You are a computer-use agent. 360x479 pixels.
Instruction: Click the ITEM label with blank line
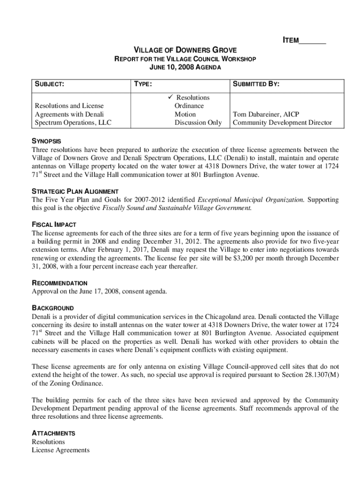tap(304, 41)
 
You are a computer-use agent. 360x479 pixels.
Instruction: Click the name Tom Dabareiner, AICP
tap(266, 114)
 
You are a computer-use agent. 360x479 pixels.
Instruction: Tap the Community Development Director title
tap(282, 123)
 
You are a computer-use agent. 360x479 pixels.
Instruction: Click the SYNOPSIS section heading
tap(46, 141)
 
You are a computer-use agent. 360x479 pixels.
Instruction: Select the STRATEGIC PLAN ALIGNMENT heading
tap(75, 191)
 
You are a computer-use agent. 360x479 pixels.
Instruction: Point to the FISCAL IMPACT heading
tap(54, 225)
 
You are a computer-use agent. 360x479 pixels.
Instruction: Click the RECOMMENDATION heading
tap(59, 283)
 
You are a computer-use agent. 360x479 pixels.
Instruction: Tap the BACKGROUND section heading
tap(52, 308)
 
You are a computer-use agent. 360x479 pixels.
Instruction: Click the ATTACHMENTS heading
tap(53, 433)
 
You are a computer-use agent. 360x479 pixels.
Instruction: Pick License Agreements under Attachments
tap(60, 450)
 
